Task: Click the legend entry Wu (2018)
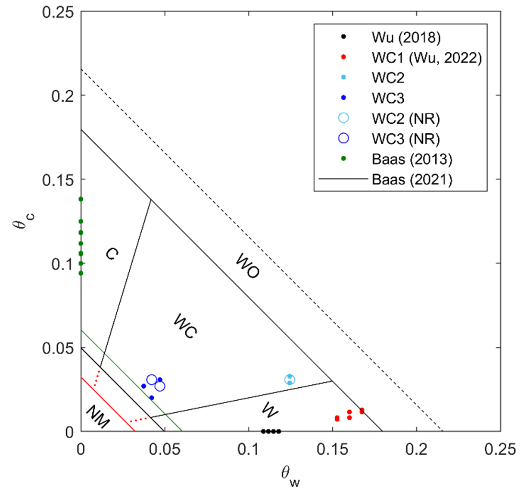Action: [x=406, y=38]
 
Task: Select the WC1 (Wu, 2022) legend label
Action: [x=426, y=58]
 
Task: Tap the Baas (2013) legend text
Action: [x=412, y=159]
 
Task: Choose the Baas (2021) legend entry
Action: [x=412, y=179]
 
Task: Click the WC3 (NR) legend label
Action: [x=405, y=139]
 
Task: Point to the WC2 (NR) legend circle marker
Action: [x=343, y=118]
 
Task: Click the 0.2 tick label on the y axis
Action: [x=62, y=96]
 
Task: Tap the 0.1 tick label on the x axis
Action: [x=249, y=449]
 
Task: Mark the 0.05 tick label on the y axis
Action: [x=58, y=348]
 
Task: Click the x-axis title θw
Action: [x=290, y=476]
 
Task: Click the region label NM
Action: [x=98, y=417]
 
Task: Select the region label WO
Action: [x=248, y=266]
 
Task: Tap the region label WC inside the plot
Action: [x=185, y=326]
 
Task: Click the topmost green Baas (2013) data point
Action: [x=81, y=199]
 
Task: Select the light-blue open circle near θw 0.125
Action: [x=290, y=380]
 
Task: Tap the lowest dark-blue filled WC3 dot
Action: [x=152, y=398]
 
